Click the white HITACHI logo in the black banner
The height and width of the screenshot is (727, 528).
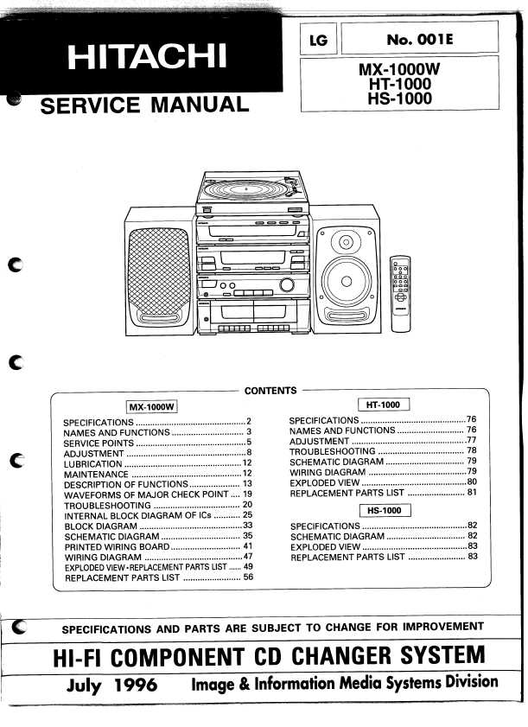click(147, 56)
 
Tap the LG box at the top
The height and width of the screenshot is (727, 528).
click(319, 40)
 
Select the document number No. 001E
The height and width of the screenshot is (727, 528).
click(419, 40)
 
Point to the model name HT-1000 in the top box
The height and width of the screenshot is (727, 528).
click(400, 84)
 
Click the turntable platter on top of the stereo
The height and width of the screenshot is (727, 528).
click(246, 189)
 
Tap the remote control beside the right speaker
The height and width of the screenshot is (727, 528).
click(400, 294)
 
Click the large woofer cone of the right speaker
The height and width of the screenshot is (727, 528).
click(347, 281)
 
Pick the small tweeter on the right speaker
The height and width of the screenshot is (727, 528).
click(346, 242)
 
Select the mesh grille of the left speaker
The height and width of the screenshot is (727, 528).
click(159, 271)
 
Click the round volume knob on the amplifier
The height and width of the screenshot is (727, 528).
click(287, 284)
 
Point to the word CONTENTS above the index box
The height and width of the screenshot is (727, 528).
click(270, 391)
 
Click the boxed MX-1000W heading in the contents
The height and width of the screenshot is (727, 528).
click(152, 407)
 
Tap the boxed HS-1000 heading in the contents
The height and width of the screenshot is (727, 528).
click(385, 511)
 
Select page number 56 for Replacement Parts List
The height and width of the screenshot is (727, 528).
click(249, 577)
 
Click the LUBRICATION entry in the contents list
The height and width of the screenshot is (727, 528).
click(93, 463)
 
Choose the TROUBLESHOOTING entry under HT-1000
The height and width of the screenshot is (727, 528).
click(333, 451)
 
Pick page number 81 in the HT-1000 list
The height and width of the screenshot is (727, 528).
click(472, 492)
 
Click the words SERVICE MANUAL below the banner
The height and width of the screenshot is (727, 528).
click(144, 105)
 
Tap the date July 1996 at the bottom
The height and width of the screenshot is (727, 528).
click(111, 686)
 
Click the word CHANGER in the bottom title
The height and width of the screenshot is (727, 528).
click(341, 656)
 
